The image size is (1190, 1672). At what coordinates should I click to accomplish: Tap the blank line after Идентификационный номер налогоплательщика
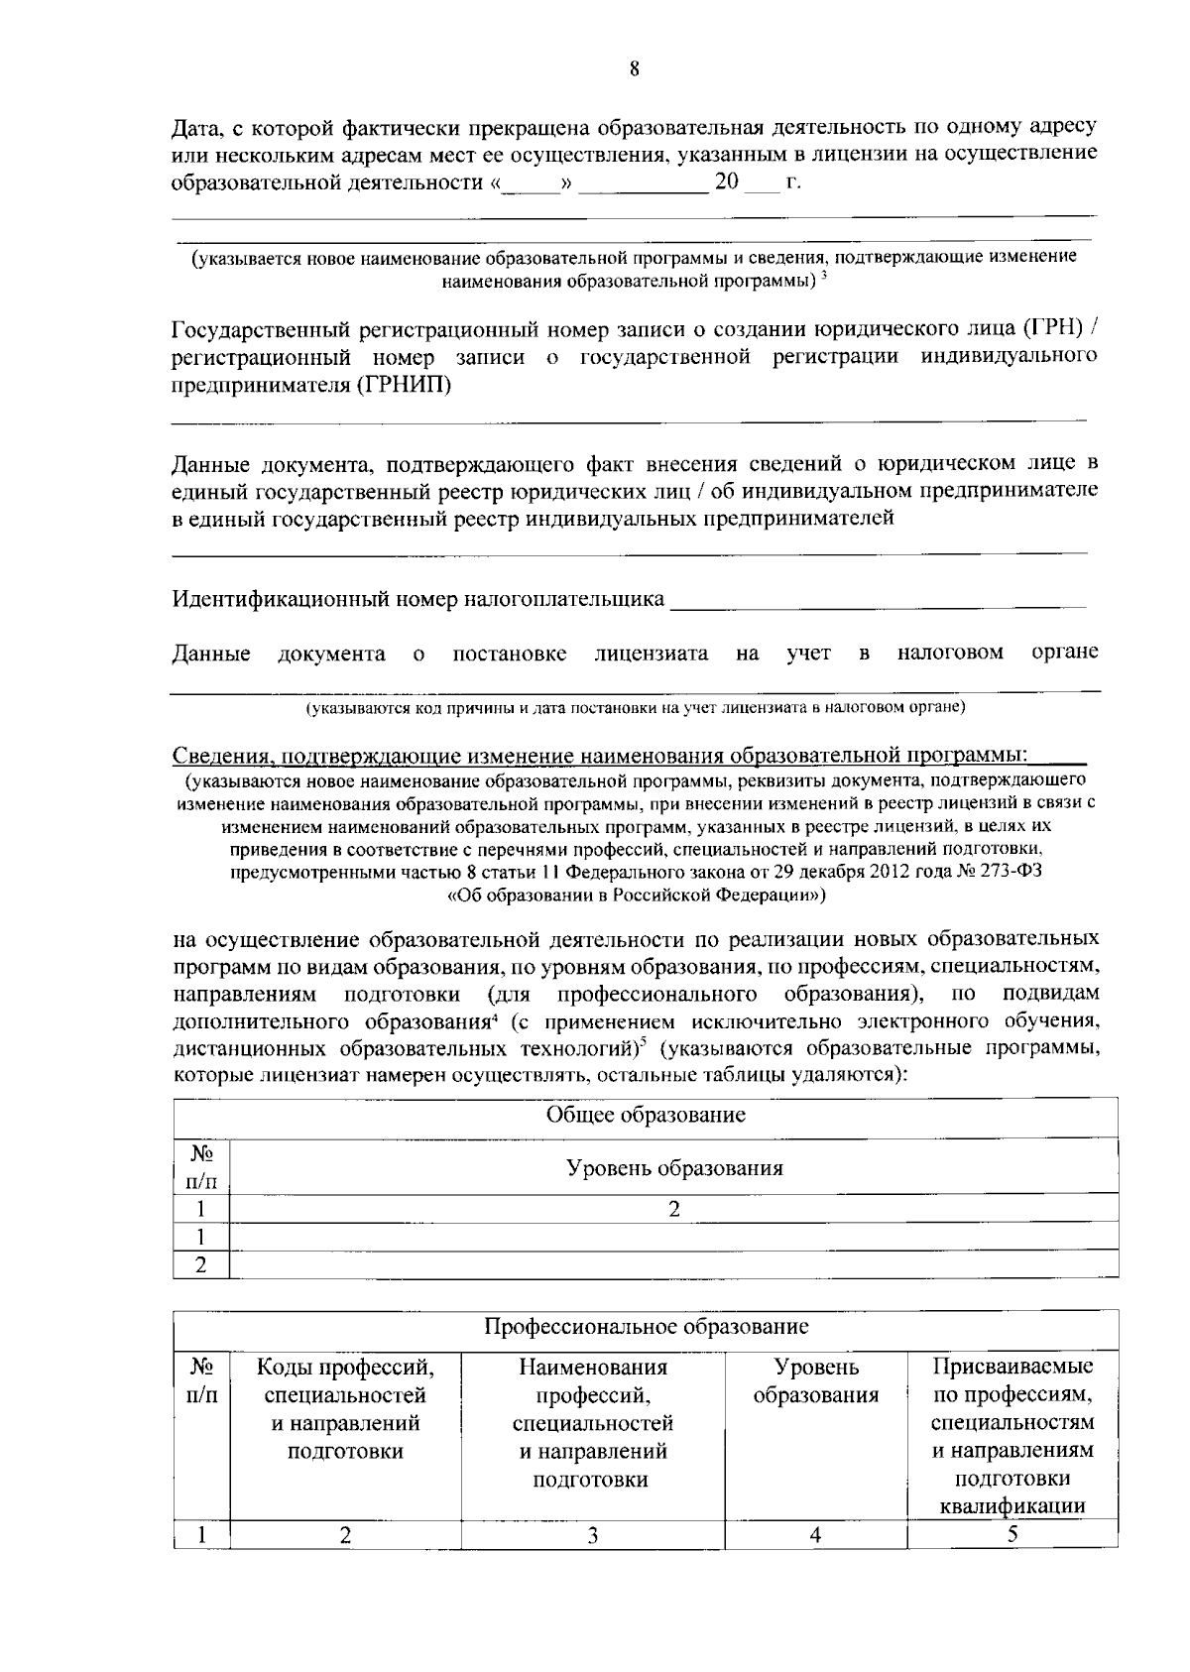coord(877,601)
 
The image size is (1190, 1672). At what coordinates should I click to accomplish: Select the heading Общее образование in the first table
coord(646,1115)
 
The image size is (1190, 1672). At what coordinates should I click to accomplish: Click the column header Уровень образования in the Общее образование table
coord(674,1167)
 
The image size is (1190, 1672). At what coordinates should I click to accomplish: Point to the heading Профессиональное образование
coord(646,1326)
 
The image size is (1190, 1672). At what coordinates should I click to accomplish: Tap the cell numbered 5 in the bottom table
coord(1012,1534)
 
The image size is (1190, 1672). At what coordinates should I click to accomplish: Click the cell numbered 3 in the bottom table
coord(592,1535)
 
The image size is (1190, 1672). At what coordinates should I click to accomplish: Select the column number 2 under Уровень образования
coord(674,1208)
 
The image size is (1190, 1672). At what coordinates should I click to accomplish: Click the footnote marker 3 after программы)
coord(825,276)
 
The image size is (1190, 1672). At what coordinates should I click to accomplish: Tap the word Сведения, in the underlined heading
coord(223,757)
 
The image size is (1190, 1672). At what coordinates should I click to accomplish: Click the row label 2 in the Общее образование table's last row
coord(201,1264)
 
